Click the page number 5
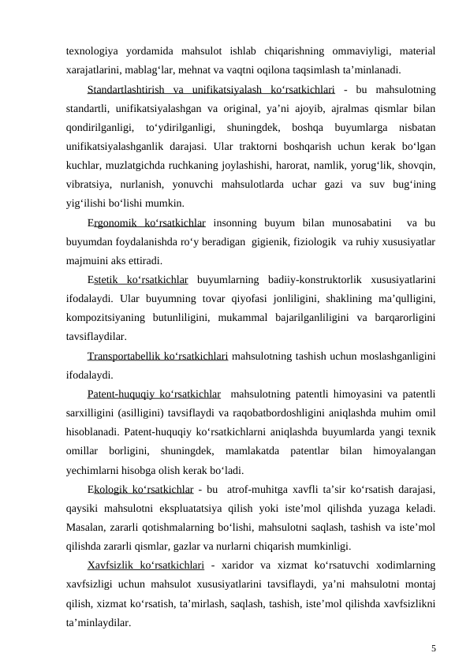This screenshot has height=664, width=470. pos(434,649)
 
